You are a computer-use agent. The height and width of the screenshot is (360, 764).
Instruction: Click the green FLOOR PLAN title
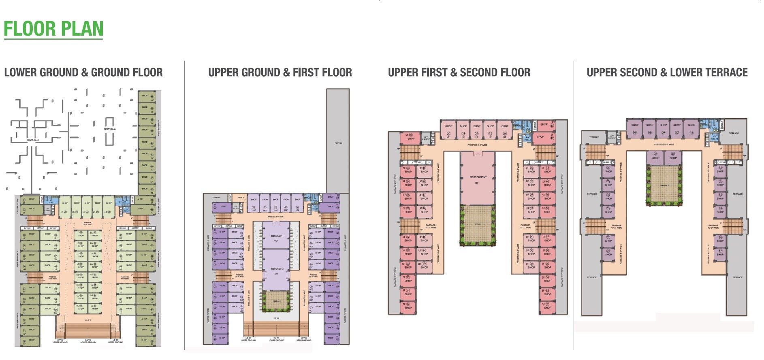53,28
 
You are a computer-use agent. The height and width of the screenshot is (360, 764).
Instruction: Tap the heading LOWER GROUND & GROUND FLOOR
83,72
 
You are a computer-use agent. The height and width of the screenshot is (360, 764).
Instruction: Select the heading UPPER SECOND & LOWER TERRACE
667,72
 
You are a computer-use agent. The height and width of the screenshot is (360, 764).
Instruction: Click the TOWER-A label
109,129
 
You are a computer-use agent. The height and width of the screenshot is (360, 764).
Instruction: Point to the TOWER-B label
32,140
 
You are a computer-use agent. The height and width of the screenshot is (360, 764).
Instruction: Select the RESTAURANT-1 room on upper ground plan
276,238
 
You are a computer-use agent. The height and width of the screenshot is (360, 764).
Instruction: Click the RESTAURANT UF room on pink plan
478,179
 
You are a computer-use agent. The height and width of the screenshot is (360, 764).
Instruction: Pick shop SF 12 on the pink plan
408,306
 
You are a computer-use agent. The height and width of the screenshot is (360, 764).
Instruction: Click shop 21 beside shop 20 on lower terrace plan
655,156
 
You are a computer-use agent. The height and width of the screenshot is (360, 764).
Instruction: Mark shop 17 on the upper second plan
720,253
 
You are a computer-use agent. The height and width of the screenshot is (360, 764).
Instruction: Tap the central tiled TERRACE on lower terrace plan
664,185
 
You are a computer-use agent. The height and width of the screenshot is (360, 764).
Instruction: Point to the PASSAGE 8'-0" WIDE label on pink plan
477,145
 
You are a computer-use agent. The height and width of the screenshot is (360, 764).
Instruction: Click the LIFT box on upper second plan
612,137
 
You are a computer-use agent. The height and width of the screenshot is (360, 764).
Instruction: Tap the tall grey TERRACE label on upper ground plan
338,143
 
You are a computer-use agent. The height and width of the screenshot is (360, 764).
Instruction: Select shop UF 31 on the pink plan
531,265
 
